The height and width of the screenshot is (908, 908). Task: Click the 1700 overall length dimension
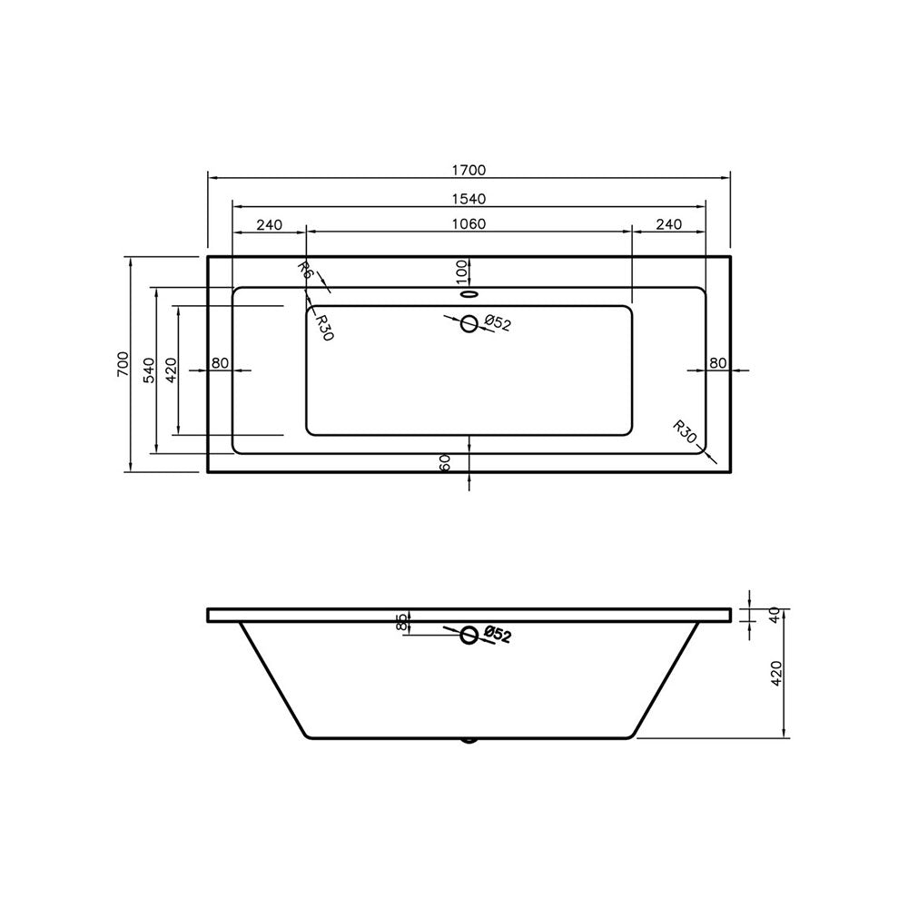[469, 169]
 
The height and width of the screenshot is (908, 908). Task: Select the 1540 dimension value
[469, 198]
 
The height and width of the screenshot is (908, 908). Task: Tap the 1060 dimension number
[469, 224]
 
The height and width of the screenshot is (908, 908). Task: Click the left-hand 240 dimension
[270, 224]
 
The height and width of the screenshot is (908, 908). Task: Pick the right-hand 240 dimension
[668, 224]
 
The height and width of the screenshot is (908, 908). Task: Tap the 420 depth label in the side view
[775, 673]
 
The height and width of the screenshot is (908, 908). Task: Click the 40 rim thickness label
[775, 615]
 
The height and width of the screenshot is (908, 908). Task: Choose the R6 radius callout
[305, 270]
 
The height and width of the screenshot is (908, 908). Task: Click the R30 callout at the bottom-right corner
[685, 433]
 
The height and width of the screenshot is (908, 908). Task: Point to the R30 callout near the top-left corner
[324, 327]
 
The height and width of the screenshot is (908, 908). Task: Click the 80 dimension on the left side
[219, 363]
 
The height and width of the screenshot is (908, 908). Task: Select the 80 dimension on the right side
[718, 363]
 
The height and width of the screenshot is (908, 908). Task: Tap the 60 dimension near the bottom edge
[445, 462]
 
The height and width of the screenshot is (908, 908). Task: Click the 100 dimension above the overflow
[461, 269]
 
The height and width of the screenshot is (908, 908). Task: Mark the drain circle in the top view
[469, 322]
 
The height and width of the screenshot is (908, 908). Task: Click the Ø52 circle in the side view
[469, 635]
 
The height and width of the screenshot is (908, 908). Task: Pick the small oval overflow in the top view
[469, 293]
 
